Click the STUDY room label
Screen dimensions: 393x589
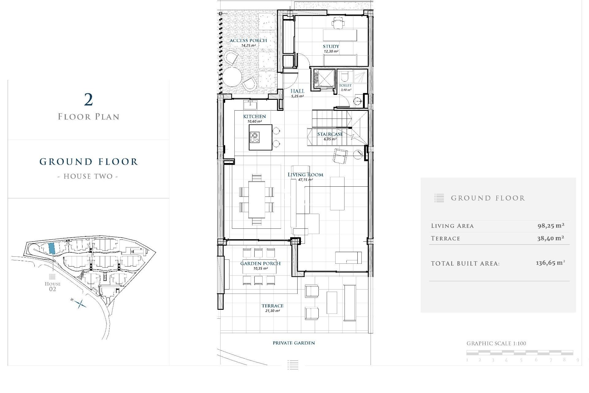coord(331,46)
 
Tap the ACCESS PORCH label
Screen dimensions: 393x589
coord(248,41)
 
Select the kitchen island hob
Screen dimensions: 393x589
coord(255,137)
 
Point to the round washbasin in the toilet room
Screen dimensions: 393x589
coord(357,101)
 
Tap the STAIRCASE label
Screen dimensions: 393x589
coord(330,134)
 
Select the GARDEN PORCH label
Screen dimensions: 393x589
coord(260,263)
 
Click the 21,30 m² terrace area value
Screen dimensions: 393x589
coord(272,311)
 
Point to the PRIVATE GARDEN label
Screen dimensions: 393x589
coord(294,343)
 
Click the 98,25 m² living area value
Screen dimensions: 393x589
coord(551,226)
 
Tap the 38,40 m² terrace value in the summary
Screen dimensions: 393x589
coord(550,238)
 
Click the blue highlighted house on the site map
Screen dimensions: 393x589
coord(52,248)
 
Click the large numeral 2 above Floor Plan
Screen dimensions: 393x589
coord(88,100)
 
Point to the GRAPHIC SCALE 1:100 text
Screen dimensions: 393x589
coord(496,344)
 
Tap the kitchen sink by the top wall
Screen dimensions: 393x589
coord(250,105)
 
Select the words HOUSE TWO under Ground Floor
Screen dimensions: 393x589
coord(88,177)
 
